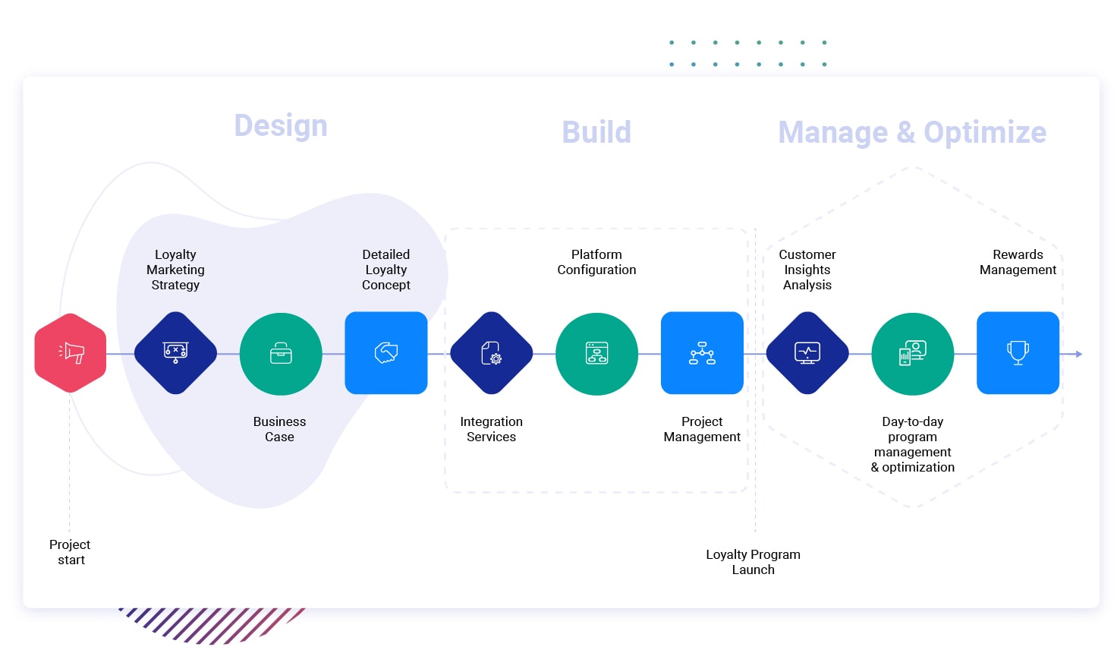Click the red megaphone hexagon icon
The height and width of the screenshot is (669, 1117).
71,353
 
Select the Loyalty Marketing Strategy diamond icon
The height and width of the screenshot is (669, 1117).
175,353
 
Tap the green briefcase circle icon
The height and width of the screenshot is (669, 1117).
281,354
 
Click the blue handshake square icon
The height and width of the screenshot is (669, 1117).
386,353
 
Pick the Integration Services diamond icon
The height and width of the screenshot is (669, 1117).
492,353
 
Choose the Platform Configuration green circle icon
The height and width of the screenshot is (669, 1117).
597,354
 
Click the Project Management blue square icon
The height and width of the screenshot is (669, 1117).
702,353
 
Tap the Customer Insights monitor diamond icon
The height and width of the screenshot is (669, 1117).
807,353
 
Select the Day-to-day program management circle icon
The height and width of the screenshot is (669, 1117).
913,354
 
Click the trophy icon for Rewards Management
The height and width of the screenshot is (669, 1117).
1018,353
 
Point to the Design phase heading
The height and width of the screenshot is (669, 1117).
281,126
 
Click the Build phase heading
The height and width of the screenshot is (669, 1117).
596,132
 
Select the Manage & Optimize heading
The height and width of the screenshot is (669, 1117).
912,132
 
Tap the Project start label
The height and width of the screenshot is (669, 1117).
70,552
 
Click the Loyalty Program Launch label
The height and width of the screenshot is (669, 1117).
753,562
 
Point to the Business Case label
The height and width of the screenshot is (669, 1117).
279,429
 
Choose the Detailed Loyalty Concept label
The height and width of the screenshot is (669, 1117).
386,270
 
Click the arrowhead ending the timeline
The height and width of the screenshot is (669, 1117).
1078,354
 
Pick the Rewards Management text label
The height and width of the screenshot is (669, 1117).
1018,262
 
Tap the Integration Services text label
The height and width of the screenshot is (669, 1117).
491,429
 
